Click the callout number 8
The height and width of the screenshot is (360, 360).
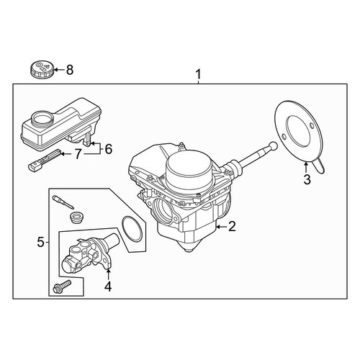click(70, 70)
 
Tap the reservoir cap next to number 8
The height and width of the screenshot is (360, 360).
click(42, 69)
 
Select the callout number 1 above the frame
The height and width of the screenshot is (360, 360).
click(198, 74)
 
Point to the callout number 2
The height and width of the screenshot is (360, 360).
click(232, 226)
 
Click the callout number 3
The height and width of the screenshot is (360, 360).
click(307, 179)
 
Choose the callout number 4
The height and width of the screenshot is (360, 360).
click(108, 287)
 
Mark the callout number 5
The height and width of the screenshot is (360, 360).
click(41, 243)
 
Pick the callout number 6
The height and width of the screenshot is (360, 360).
click(109, 149)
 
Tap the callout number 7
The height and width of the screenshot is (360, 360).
click(77, 154)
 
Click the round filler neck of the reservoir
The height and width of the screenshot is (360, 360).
click(42, 118)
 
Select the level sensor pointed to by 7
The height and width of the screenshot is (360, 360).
click(44, 160)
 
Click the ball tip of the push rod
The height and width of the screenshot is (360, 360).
click(274, 145)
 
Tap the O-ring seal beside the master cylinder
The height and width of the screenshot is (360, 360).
click(132, 228)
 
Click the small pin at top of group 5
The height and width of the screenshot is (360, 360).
click(63, 202)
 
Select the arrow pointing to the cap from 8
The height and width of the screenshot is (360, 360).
click(60, 70)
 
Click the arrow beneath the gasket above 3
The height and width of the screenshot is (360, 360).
click(306, 168)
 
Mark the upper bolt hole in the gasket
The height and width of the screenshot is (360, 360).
click(312, 126)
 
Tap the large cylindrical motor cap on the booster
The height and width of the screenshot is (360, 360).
click(189, 171)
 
